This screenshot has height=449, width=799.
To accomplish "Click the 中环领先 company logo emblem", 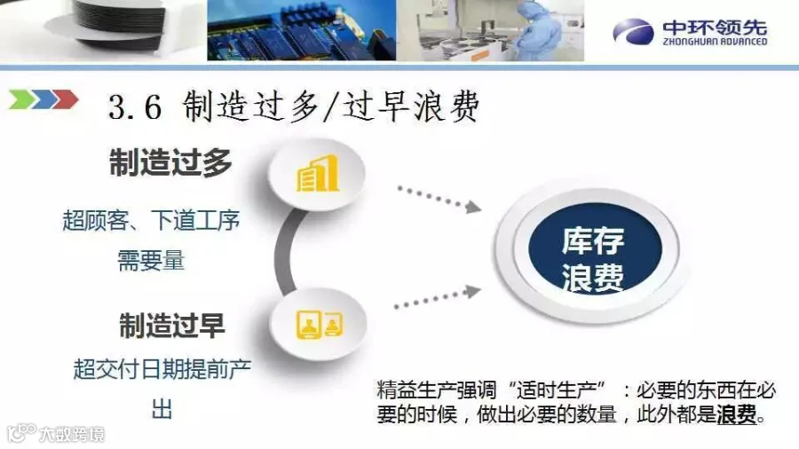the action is click(x=633, y=32).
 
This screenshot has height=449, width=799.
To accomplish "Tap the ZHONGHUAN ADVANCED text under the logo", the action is click(x=715, y=42).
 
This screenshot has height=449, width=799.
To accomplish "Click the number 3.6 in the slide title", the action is click(x=135, y=107).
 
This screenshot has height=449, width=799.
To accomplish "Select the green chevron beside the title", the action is click(x=21, y=98).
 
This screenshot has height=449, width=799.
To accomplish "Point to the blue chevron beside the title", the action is click(x=44, y=98).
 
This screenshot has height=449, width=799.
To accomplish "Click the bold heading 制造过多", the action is click(x=170, y=162).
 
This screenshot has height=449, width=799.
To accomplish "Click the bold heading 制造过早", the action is click(x=171, y=325).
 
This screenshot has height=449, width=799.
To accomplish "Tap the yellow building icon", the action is click(x=318, y=174).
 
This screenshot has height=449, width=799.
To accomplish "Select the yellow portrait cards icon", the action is click(x=320, y=324).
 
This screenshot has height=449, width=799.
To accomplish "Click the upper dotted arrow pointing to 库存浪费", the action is click(x=439, y=199).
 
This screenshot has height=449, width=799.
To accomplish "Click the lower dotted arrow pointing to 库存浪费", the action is click(x=438, y=298).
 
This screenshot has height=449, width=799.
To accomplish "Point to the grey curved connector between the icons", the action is click(x=284, y=252).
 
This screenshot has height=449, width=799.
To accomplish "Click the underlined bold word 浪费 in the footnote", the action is click(x=737, y=415).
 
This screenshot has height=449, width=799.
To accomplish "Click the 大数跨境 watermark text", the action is click(x=72, y=434).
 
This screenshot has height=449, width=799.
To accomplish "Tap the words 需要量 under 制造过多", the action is click(x=151, y=260).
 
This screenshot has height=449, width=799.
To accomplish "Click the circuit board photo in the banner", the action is click(x=302, y=30).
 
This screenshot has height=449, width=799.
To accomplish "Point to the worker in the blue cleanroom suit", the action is click(x=538, y=29).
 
